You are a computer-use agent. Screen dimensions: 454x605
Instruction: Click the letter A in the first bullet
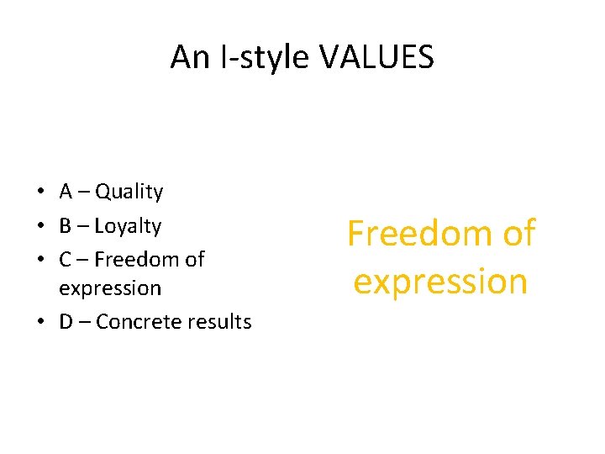tap(66, 192)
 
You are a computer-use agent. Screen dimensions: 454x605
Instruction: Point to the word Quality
tap(129, 193)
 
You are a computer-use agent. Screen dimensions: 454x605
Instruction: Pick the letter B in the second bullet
tap(66, 226)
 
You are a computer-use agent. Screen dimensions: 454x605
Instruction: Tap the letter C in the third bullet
tap(66, 260)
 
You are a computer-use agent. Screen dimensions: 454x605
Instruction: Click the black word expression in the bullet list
tap(110, 288)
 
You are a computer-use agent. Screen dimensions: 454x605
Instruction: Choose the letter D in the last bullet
tap(66, 322)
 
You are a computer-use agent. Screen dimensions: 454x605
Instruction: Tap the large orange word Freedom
tap(419, 234)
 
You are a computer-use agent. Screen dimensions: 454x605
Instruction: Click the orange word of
tap(518, 234)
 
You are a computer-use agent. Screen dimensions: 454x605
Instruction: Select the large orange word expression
tap(440, 282)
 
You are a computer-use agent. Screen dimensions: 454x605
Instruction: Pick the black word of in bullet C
tap(194, 260)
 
